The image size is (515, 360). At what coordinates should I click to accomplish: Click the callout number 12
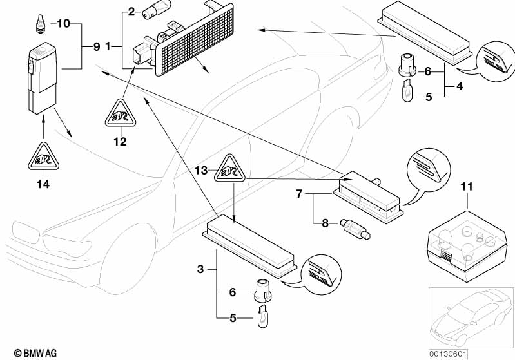pos(120,142)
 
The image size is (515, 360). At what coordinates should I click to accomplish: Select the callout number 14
pos(43,184)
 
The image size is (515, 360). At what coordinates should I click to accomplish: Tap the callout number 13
pos(201,170)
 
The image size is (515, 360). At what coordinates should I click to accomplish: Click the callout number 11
pos(467,186)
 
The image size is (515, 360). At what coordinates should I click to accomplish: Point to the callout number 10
pos(63,24)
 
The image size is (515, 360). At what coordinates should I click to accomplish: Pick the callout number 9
pos(97,46)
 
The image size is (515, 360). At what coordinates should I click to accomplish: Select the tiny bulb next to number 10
pos(41,24)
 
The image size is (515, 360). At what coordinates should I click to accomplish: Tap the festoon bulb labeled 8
pos(355,229)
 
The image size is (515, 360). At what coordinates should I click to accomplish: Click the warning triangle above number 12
pos(121,113)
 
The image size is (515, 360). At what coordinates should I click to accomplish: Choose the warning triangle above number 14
pos(43,156)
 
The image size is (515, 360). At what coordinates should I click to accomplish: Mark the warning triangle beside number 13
pos(229,168)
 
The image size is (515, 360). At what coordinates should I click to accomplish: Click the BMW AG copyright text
pos(35,353)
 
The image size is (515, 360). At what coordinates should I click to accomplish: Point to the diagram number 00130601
pos(448,354)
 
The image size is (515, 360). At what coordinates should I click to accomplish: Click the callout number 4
pos(460,86)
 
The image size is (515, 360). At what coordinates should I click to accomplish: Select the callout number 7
pos(299,194)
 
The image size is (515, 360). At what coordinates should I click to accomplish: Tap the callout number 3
pos(200,269)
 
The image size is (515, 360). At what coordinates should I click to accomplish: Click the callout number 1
pos(108,46)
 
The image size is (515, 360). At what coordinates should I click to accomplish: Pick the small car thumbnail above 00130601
pos(471,317)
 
